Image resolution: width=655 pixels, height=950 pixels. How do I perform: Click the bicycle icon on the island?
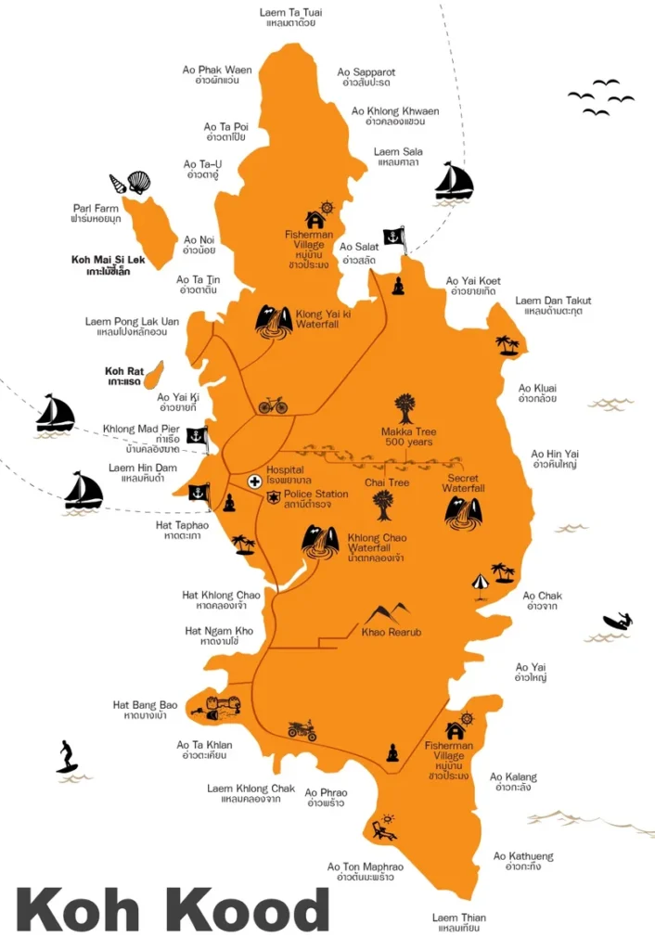click(273, 405)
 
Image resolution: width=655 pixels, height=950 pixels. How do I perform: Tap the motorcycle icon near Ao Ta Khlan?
click(302, 730)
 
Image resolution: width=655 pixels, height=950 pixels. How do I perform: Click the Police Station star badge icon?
click(274, 498)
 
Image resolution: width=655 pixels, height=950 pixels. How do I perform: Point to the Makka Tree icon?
click(405, 408)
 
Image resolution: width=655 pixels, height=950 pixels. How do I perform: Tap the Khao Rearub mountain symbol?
click(389, 613)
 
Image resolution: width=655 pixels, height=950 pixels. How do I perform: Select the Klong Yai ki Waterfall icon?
click(274, 321)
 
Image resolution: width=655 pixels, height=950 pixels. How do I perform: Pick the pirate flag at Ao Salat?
click(394, 238)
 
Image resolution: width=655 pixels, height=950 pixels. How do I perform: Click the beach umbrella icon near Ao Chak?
click(480, 583)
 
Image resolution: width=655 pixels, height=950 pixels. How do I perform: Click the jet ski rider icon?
click(617, 622)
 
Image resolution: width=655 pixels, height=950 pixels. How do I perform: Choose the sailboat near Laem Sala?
click(455, 181)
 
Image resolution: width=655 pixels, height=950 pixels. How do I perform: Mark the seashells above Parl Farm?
click(130, 182)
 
